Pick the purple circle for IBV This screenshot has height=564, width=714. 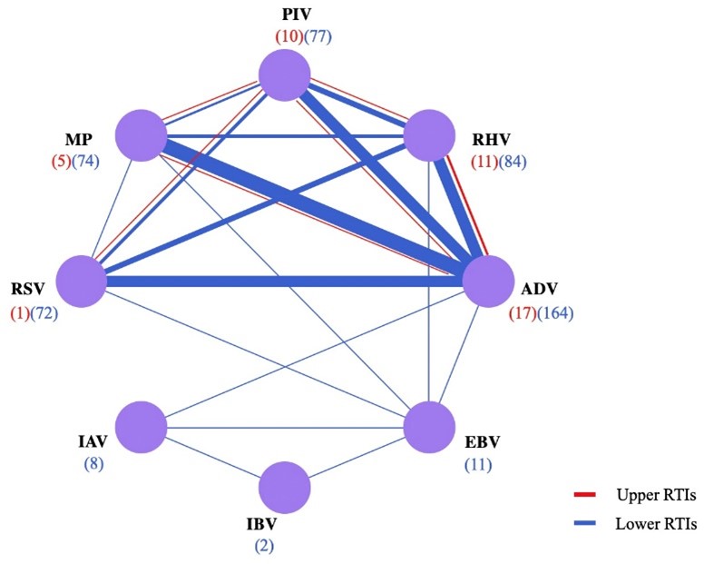[284, 488]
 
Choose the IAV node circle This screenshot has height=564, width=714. [142, 425]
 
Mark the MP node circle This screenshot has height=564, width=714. [142, 137]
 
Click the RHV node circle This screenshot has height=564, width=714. [428, 137]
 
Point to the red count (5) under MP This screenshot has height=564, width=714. [61, 163]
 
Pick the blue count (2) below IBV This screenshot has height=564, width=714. [284, 547]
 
